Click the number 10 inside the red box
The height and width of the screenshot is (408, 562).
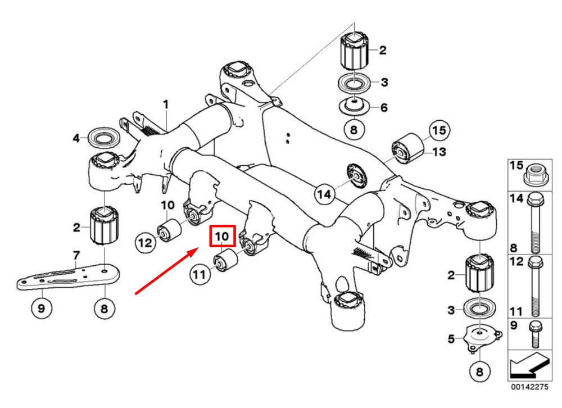pos(222,236)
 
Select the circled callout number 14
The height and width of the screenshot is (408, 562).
pos(324,194)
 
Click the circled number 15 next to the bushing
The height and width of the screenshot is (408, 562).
pos(439,130)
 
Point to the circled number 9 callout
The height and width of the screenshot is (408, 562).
pos(42,308)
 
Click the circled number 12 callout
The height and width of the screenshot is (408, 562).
pos(146,243)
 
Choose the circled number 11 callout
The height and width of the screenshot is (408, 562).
pos(200,275)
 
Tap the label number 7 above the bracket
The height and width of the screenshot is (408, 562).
pos(76,255)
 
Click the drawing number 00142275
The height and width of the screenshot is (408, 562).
pos(530,387)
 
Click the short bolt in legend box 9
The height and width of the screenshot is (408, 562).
pos(535,334)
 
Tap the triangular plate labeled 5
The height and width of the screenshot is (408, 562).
pos(482,338)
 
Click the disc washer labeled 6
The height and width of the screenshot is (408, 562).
pos(354,106)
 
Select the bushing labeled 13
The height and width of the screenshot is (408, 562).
pos(408,148)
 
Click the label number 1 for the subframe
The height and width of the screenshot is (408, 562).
pos(165,105)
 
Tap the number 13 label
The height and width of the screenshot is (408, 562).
pos(439,152)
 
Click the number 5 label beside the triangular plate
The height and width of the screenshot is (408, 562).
pos(451,338)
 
